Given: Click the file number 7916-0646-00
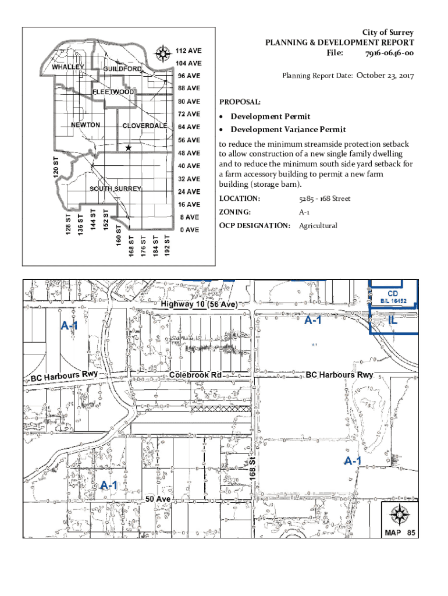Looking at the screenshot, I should point(389,54).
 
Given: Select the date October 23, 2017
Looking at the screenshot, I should point(385,75).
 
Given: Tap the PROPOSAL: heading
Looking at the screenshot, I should point(236,102).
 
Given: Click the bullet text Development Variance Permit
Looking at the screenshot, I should point(288,129).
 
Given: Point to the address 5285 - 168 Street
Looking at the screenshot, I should point(325,199).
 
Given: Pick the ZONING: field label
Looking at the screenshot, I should point(235,212).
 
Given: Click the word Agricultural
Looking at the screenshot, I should point(318,226).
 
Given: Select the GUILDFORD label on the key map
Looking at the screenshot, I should point(123,69).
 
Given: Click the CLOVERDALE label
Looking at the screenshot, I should point(145,126).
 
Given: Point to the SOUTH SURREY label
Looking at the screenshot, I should point(115,189).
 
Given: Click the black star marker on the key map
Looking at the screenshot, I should point(128,148).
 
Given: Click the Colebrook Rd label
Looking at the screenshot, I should point(195,375).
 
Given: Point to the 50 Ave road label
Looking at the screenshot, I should point(158,499).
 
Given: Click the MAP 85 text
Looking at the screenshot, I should point(399,532).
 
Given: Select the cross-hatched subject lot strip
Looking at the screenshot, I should point(224,409).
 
